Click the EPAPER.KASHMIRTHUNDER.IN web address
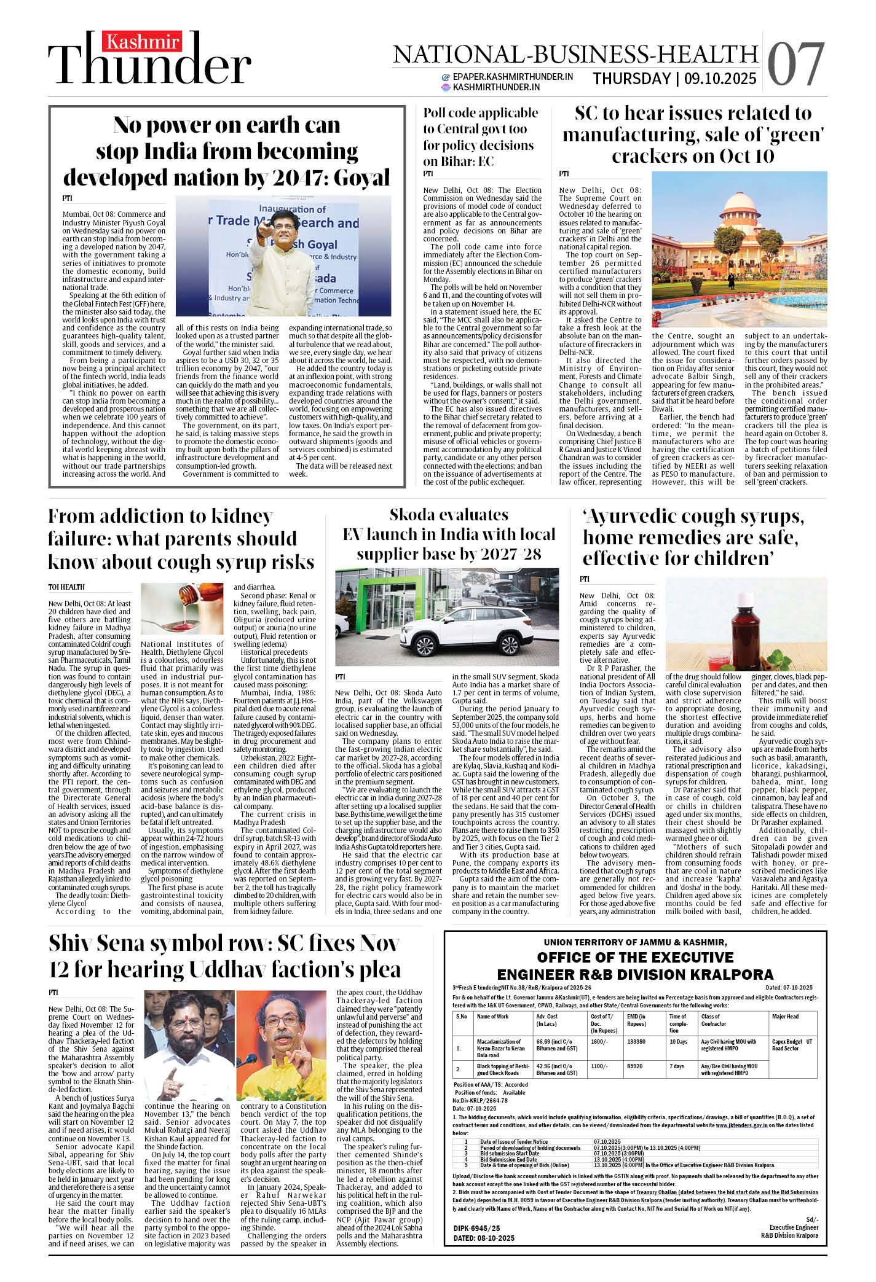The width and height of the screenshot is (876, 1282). tap(513, 77)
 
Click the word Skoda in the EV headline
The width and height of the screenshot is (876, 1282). tap(417, 515)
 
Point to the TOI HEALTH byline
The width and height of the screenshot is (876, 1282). tap(66, 587)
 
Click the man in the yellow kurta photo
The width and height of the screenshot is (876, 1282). tap(282, 1045)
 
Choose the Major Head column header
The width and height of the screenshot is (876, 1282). tap(785, 1017)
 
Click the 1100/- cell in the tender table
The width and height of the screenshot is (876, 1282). tap(599, 1066)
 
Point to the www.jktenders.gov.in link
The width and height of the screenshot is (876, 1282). tap(741, 1125)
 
